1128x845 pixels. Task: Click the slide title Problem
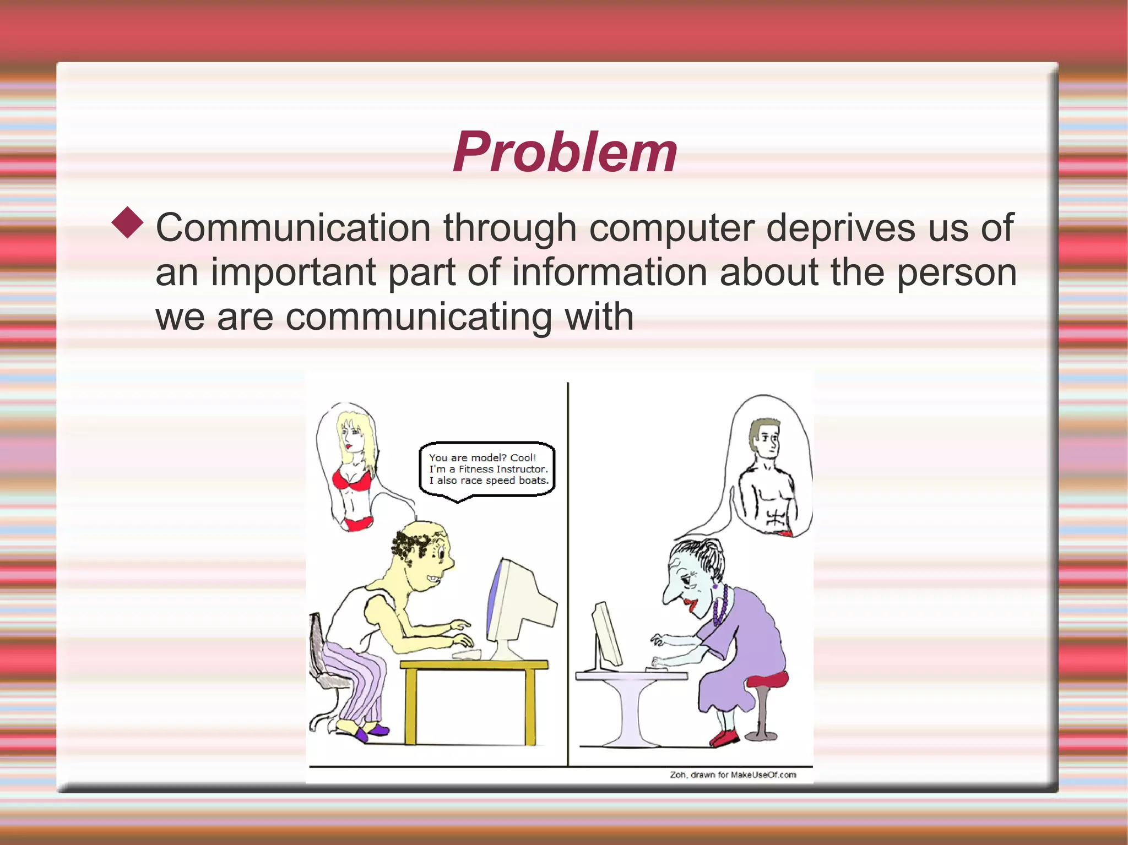point(565,152)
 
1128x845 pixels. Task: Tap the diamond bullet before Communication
point(127,222)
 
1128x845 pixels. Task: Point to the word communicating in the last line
point(419,318)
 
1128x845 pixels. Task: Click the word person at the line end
point(956,274)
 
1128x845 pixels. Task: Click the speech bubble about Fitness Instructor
point(487,470)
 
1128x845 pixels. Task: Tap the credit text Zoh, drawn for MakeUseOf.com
point(733,775)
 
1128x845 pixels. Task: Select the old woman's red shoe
point(726,737)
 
